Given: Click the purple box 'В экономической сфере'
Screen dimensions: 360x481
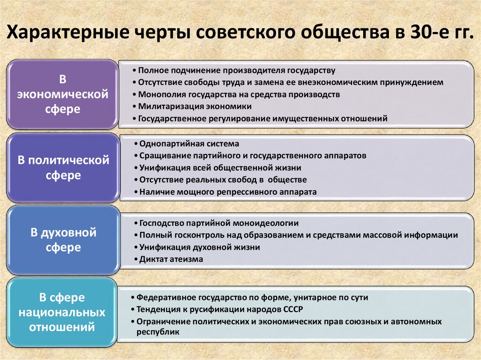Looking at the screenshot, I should pyautogui.click(x=62, y=94).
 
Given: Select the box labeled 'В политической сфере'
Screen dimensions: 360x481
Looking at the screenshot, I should pyautogui.click(x=62, y=168).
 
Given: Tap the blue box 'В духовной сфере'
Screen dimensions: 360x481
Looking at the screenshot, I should pyautogui.click(x=62, y=240).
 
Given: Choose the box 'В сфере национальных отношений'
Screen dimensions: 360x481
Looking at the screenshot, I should pyautogui.click(x=62, y=312).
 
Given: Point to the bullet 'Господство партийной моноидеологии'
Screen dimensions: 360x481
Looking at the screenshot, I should pyautogui.click(x=219, y=223).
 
